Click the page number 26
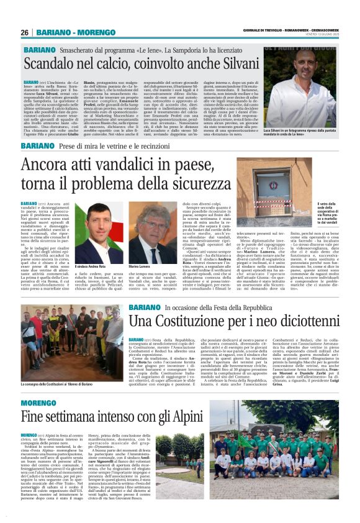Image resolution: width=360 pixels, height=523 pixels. (x=25, y=32)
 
